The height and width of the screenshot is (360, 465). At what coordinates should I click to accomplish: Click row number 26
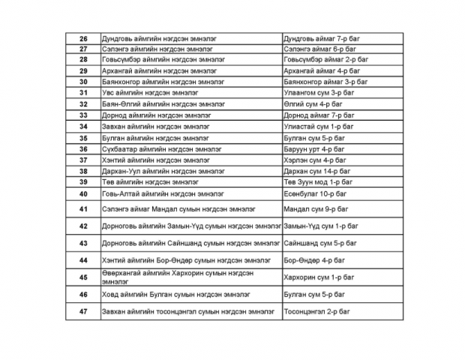tap(83, 37)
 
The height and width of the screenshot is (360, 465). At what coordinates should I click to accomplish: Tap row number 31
tap(83, 93)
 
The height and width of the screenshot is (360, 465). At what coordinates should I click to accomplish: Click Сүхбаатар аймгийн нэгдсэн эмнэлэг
tap(161, 149)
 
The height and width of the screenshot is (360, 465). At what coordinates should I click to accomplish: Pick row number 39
tap(83, 182)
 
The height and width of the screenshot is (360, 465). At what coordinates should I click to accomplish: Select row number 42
tap(83, 226)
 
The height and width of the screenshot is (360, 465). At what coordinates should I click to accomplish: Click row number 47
tap(83, 311)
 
